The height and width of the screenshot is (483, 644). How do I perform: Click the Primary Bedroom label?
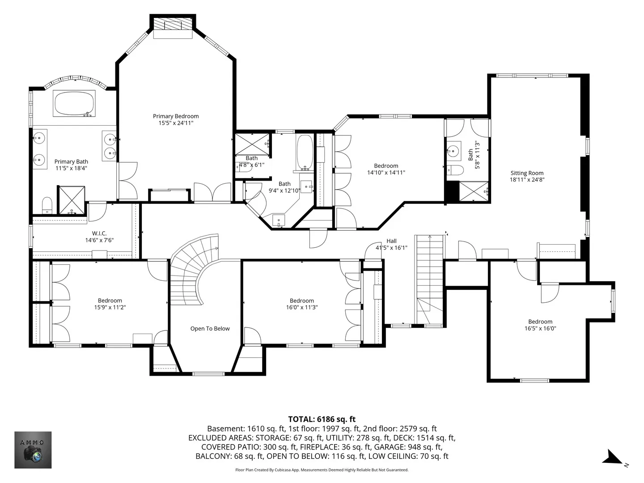[176, 116]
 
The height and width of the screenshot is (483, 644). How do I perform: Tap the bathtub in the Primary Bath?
[74, 103]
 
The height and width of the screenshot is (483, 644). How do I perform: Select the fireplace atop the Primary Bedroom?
[173, 25]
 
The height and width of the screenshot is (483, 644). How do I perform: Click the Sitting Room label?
[527, 173]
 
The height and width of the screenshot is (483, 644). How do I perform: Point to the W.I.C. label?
[99, 233]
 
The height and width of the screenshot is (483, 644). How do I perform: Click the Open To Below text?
[210, 328]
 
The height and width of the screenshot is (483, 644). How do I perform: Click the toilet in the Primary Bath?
[47, 205]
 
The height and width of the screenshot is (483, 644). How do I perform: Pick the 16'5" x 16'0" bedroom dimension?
[540, 328]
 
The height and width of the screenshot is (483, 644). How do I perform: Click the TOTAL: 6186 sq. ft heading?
[322, 419]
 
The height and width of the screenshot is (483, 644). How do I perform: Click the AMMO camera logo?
[33, 450]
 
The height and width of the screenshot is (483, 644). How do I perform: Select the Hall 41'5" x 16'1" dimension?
[391, 248]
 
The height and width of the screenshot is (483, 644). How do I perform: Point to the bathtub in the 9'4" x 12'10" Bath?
[305, 153]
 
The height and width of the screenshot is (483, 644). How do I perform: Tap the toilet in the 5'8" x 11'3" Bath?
[455, 170]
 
